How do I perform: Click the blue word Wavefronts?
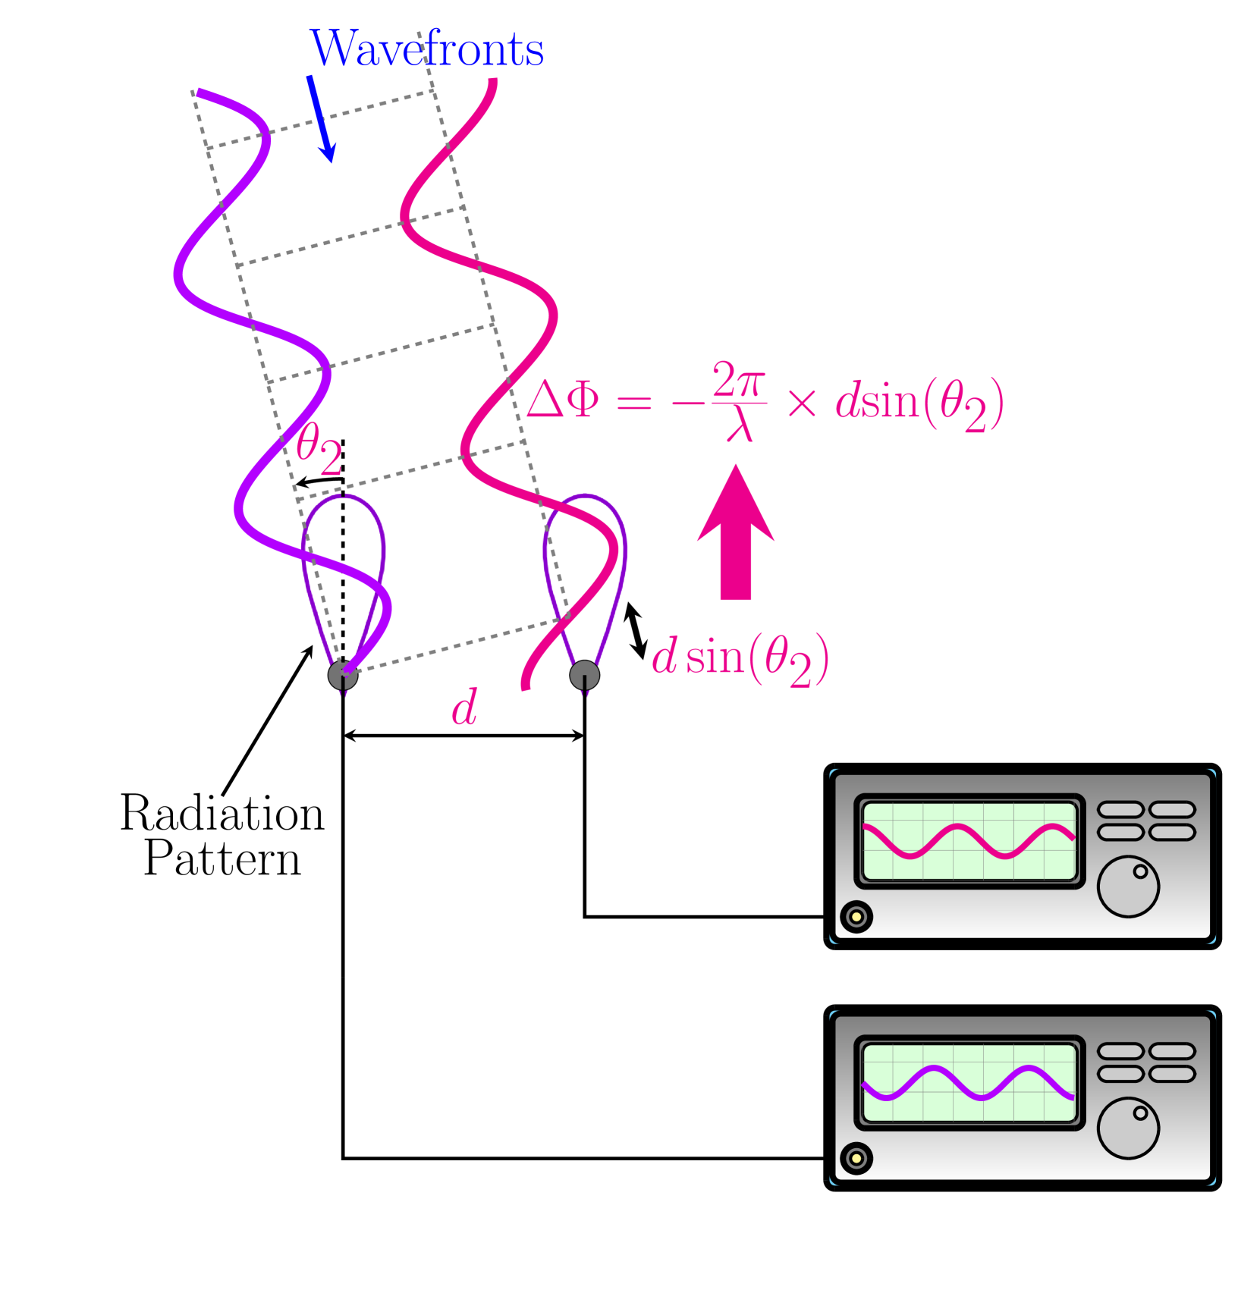[x=427, y=50]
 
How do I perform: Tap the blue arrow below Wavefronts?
[x=321, y=118]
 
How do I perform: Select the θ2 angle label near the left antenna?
[x=319, y=449]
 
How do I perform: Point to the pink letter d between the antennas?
[x=464, y=708]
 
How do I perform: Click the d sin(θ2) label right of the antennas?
[x=740, y=658]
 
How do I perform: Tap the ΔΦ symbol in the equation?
[x=562, y=400]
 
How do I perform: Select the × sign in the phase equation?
[x=801, y=402]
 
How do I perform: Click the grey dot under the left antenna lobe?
[x=342, y=675]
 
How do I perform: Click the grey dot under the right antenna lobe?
[x=584, y=675]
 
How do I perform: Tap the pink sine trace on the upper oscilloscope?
[x=969, y=841]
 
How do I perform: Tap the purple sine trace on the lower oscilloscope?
[x=969, y=1083]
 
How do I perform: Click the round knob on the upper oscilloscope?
[x=1128, y=887]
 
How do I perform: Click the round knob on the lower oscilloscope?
[x=1128, y=1128]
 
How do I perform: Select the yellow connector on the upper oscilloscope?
[x=856, y=917]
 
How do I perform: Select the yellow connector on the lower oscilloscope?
[x=856, y=1159]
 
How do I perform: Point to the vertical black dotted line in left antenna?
[x=343, y=576]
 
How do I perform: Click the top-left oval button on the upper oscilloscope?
[x=1120, y=810]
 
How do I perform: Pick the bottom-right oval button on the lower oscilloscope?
[x=1172, y=1074]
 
